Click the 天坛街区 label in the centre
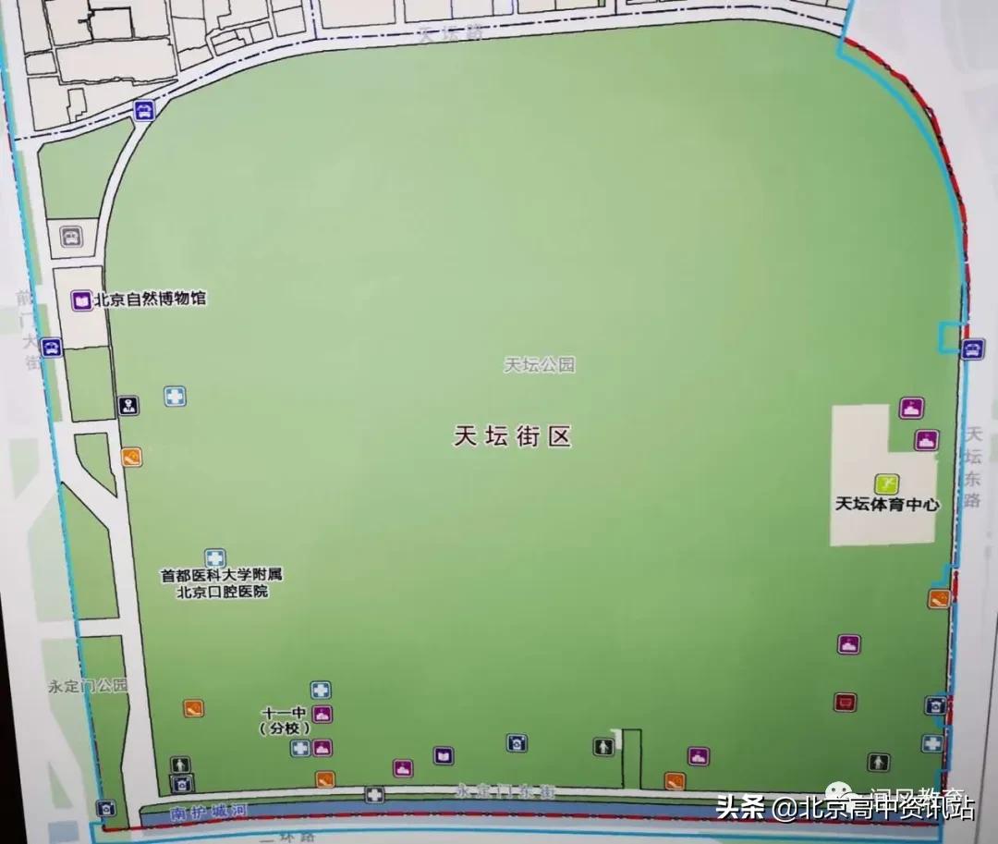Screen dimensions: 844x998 pos(512,437)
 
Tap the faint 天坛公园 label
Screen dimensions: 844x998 pos(539,365)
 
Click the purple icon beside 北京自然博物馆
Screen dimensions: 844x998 pos(80,300)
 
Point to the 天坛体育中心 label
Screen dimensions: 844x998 pos(886,505)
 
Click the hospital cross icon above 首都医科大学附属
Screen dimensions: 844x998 pos(214,557)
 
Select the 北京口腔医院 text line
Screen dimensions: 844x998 pos(222,592)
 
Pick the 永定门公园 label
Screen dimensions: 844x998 pos(88,687)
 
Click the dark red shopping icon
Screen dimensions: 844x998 pos(845,703)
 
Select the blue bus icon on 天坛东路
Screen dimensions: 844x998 pos(972,349)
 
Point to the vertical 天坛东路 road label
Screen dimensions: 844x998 pos(971,467)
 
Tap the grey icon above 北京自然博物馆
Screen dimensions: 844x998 pos(71,236)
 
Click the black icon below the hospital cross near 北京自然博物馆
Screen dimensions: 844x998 pos(128,406)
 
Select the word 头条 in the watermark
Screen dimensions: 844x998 pos(740,808)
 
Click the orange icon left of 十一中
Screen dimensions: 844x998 pos(193,709)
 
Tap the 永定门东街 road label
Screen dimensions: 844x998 pos(504,791)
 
